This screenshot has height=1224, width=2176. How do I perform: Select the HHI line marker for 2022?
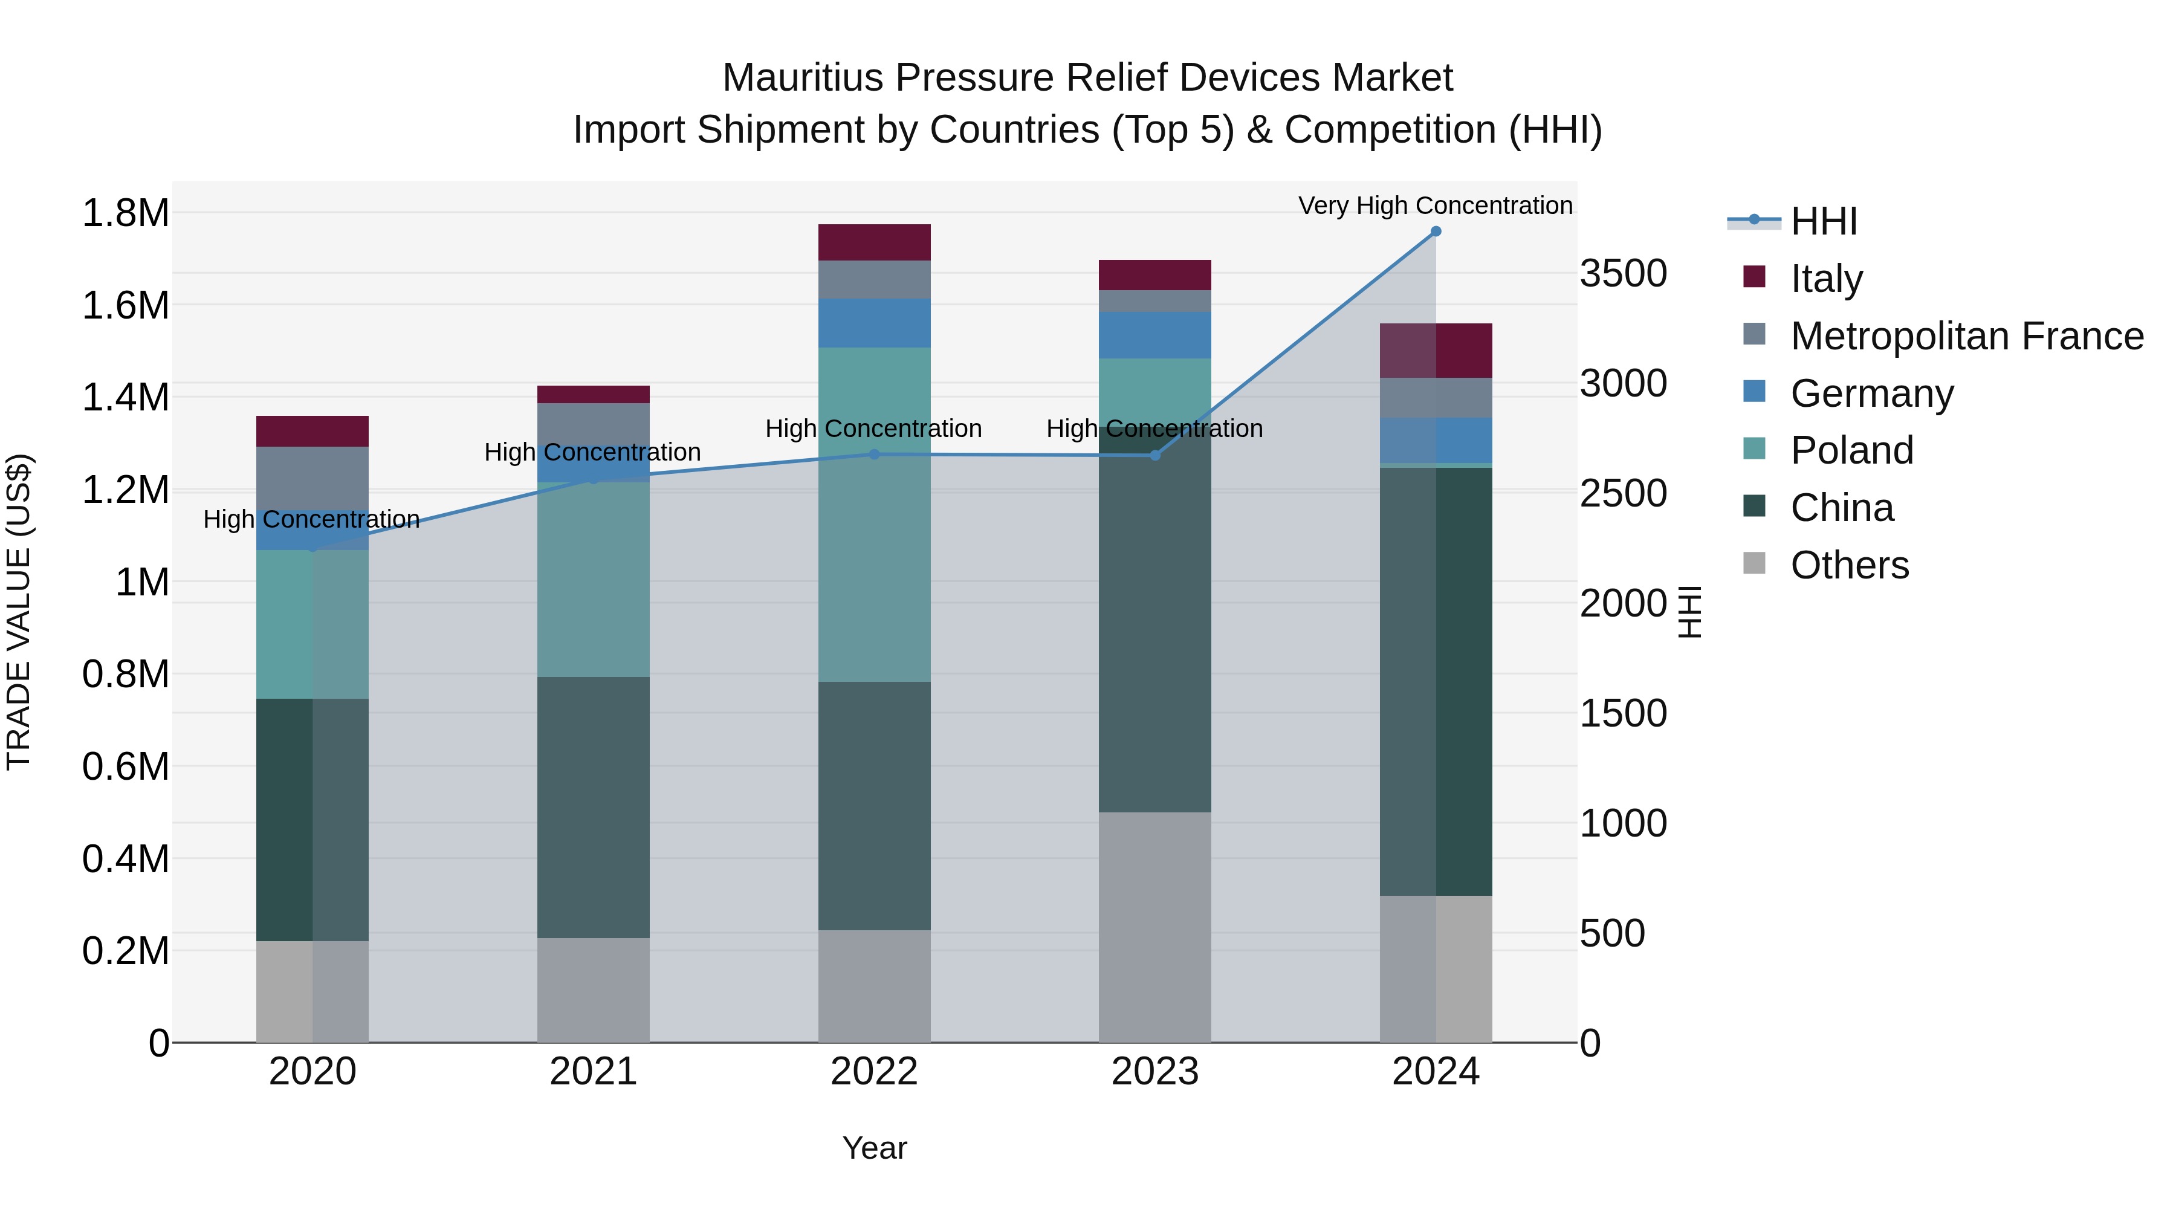(874, 455)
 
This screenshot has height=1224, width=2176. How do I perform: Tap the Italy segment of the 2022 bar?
(874, 242)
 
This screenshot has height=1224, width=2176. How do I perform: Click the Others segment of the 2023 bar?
(1154, 927)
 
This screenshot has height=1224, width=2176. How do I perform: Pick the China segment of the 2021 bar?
(593, 807)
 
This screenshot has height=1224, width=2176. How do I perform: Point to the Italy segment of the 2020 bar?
(312, 431)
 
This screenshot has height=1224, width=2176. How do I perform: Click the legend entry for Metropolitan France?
(1966, 336)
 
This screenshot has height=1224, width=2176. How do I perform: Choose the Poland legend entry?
(1851, 450)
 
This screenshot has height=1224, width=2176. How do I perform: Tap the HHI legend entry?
(1823, 221)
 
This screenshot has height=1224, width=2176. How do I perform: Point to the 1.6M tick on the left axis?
(126, 305)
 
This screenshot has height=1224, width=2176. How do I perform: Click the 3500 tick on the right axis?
(1624, 274)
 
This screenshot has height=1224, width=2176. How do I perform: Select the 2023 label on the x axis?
(1154, 1072)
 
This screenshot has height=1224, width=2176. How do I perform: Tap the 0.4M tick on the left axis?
(126, 859)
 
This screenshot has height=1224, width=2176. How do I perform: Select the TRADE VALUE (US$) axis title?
(19, 612)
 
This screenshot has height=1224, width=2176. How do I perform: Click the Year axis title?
(874, 1148)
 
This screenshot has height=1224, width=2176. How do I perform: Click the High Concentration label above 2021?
(592, 452)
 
